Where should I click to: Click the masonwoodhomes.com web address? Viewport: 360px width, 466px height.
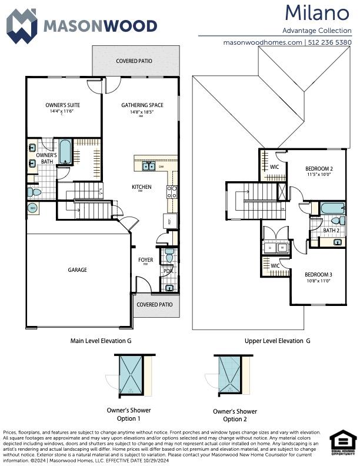click(263, 42)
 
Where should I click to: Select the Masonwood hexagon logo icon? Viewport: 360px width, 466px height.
click(21, 26)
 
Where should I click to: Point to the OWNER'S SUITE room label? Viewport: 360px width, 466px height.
click(62, 105)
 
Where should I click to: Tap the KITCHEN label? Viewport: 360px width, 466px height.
click(141, 187)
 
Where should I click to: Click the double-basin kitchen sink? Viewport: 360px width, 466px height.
click(148, 166)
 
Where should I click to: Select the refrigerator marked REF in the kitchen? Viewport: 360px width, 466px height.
click(168, 221)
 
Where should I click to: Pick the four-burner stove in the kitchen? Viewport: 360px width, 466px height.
click(172, 191)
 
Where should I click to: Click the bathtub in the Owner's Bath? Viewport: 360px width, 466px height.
click(65, 152)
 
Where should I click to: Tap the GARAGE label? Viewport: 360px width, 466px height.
click(77, 270)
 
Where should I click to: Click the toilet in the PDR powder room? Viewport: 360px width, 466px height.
click(169, 257)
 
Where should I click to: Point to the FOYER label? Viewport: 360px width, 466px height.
click(145, 259)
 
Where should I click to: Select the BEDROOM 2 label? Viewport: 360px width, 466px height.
click(319, 168)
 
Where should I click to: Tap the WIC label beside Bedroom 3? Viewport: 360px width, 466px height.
click(275, 266)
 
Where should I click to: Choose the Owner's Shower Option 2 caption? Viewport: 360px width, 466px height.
click(235, 415)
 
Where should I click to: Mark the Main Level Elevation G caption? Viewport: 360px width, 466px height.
click(101, 341)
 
